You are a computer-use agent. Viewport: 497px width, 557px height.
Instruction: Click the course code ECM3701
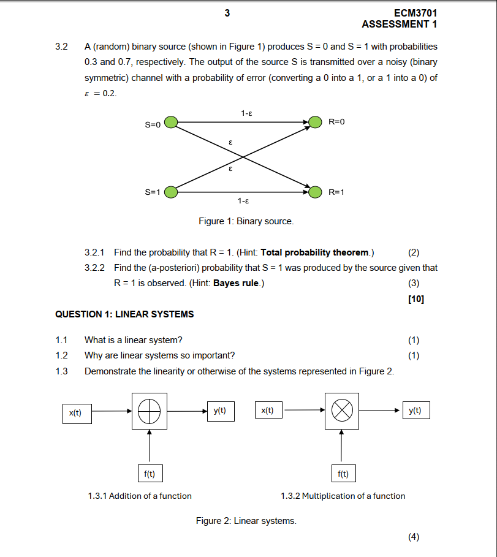417,13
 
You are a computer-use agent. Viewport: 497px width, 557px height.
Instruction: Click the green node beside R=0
316,123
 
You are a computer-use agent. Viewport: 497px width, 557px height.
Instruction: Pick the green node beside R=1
316,192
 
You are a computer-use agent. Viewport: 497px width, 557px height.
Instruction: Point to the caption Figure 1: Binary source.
246,221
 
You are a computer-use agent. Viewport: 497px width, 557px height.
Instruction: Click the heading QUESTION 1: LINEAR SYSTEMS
124,314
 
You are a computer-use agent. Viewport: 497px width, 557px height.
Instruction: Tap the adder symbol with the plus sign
149,411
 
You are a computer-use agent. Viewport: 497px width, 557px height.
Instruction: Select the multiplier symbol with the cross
341,411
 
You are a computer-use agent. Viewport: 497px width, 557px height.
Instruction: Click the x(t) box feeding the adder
75,412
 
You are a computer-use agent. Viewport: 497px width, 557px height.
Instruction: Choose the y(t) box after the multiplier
415,411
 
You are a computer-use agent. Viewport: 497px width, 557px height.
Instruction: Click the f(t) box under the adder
149,474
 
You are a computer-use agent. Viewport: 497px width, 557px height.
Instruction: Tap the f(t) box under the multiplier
343,474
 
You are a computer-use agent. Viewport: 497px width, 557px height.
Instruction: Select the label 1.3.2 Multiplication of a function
343,496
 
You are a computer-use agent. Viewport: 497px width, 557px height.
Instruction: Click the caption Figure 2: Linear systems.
246,521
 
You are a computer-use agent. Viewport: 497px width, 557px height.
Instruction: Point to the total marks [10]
415,299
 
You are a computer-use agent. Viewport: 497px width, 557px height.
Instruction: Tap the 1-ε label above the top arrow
246,113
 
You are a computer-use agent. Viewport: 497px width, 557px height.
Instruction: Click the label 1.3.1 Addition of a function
140,496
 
